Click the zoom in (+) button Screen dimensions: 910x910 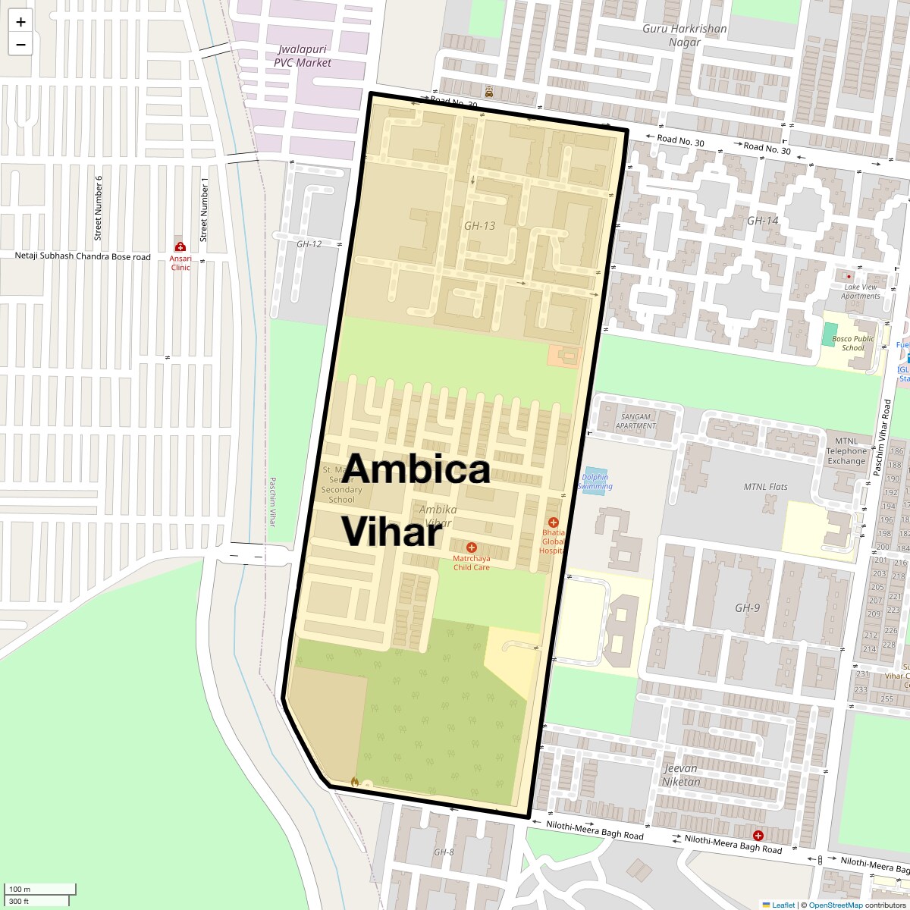pyautogui.click(x=20, y=22)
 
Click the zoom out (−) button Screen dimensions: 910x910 pyautogui.click(x=20, y=44)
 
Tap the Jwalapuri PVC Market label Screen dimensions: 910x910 pyautogui.click(x=303, y=56)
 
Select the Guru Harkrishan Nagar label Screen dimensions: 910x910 pyautogui.click(x=684, y=35)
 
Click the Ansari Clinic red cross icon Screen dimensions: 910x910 pyautogui.click(x=180, y=246)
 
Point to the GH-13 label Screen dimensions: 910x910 pyautogui.click(x=479, y=225)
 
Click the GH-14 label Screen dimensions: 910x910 pyautogui.click(x=762, y=221)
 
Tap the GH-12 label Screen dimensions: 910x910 pyautogui.click(x=309, y=243)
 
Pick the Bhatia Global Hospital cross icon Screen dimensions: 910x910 pyautogui.click(x=554, y=522)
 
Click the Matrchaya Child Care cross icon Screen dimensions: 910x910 pyautogui.click(x=472, y=548)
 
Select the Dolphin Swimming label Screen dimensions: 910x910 pyautogui.click(x=595, y=482)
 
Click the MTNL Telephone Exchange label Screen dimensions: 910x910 pyautogui.click(x=846, y=450)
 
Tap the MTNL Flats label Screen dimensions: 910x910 pyautogui.click(x=765, y=487)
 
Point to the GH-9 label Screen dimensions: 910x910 pyautogui.click(x=747, y=607)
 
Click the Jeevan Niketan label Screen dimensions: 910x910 pyautogui.click(x=680, y=775)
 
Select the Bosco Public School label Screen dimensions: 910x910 pyautogui.click(x=852, y=344)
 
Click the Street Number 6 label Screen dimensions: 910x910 pyautogui.click(x=99, y=208)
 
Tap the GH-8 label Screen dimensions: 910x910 pyautogui.click(x=444, y=852)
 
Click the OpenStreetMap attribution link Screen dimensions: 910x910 pyautogui.click(x=835, y=905)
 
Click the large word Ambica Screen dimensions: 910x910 pyautogui.click(x=416, y=469)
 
